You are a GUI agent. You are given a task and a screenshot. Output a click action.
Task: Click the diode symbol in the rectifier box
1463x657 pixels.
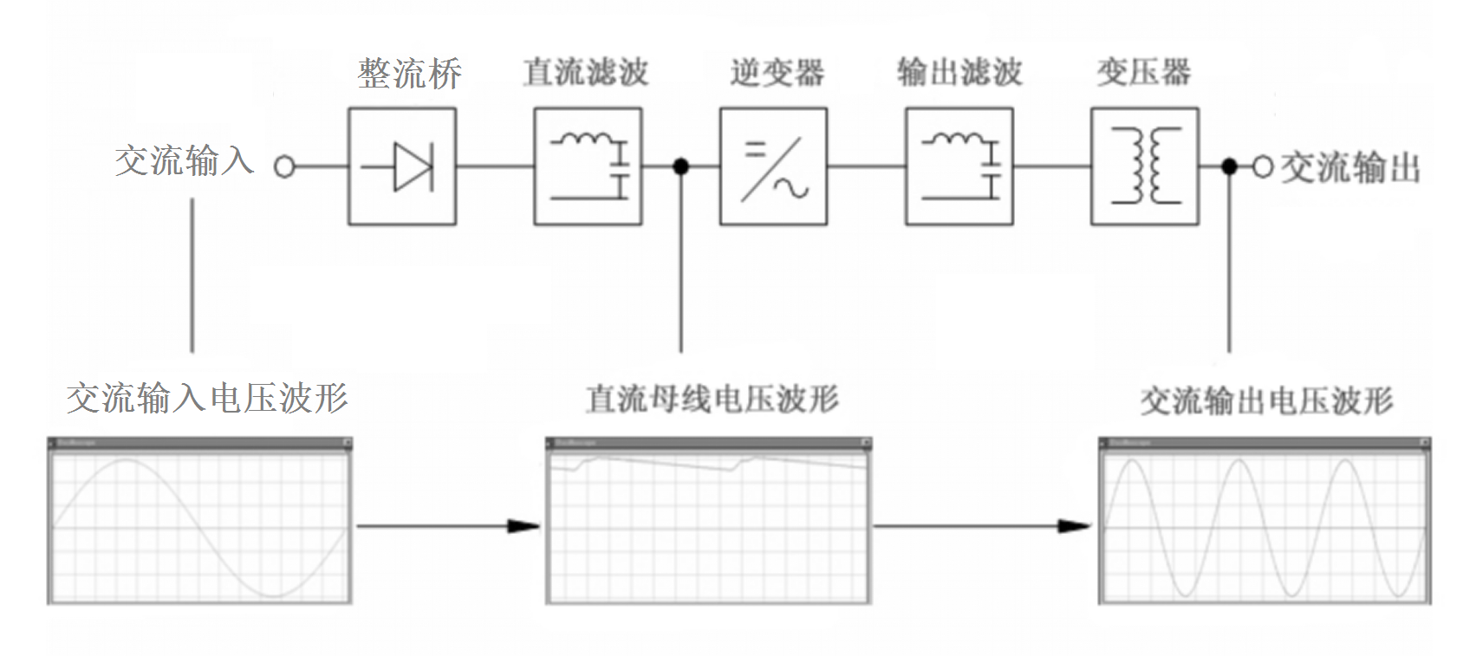405,166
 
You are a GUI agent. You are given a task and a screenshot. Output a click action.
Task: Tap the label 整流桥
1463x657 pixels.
409,73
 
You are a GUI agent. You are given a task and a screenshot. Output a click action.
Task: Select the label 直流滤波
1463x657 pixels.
586,72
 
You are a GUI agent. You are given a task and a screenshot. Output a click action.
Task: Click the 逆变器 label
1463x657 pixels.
777,73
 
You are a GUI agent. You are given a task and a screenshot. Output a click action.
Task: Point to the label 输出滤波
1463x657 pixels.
959,72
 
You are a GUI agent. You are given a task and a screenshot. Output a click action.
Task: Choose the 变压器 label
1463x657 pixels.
1143,72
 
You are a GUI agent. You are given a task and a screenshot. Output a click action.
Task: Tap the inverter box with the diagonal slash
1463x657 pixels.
773,166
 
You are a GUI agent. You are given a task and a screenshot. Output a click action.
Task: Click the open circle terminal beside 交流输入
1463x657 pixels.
284,166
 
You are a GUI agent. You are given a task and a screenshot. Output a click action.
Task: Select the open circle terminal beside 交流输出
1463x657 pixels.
1262,166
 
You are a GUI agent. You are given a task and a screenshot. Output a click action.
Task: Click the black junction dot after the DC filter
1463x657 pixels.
681,166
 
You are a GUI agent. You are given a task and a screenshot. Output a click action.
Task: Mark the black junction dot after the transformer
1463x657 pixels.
1229,166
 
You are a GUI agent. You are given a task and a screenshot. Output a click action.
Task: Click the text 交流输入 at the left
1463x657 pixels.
184,161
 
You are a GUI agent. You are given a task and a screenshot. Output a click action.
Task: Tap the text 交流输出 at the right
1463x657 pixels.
1350,167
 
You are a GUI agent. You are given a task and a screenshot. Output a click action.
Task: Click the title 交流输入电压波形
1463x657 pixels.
207,398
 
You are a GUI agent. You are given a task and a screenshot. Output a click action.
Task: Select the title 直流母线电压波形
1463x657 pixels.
712,399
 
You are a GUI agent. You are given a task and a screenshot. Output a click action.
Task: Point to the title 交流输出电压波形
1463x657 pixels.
1265,400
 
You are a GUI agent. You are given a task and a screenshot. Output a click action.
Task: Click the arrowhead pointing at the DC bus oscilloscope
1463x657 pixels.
523,525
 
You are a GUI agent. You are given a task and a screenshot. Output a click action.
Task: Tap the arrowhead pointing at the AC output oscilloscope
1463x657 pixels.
1075,525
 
